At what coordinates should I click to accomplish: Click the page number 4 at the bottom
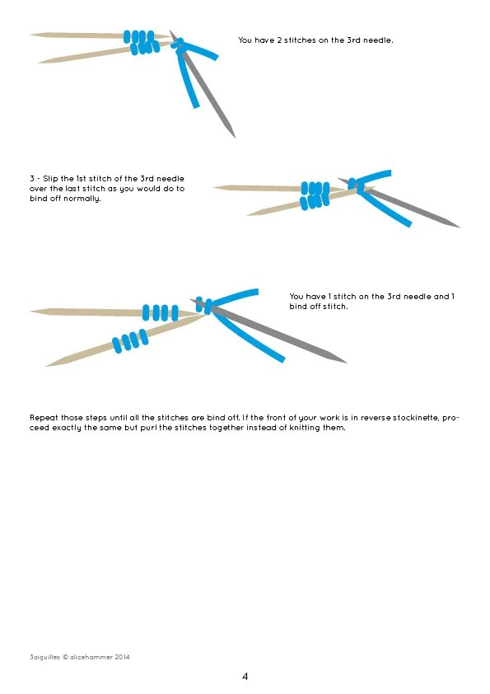coord(245,677)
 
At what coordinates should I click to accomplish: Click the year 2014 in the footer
coord(122,657)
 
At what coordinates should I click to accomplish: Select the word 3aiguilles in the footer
coord(44,657)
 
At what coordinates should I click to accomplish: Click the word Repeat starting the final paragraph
coord(44,418)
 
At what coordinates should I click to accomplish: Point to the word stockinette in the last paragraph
coord(415,417)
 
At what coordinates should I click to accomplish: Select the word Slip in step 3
coord(50,179)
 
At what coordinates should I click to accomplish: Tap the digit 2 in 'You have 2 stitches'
coord(279,40)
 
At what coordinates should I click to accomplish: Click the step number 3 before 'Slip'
coord(32,178)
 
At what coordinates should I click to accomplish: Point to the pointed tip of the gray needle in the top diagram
coord(235,138)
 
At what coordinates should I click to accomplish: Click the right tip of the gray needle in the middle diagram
coord(460,227)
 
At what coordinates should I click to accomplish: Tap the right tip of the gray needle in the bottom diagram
coord(346,362)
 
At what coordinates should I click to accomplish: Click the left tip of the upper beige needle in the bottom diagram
coord(30,312)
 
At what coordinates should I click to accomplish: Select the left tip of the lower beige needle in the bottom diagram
coord(46,366)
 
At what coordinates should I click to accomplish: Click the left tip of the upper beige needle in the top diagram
coord(30,34)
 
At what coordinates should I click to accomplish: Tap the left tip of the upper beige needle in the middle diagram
coord(214,187)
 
